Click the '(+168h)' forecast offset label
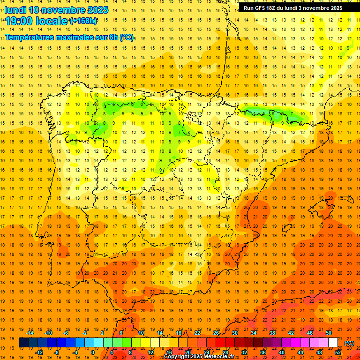pos(83,21)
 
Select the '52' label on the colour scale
pos(338,352)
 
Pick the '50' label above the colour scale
pos(329,333)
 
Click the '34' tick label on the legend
pos(254,333)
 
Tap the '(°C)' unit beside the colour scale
pos(349,343)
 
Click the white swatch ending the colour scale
pos(333,343)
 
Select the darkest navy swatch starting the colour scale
pos(24,343)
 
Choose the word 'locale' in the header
pos(53,21)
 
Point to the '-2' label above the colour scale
pos(85,333)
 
